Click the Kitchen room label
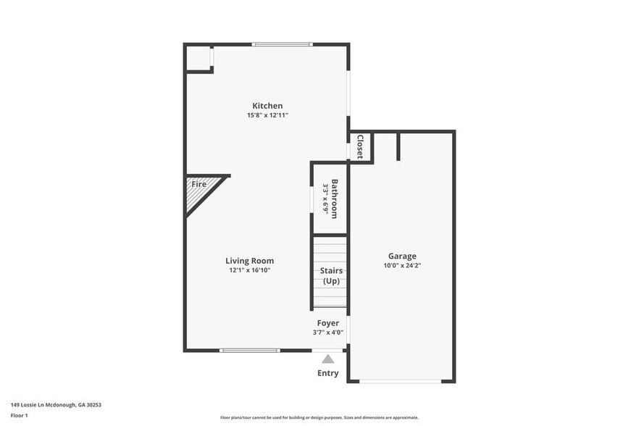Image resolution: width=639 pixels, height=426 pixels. (267, 106)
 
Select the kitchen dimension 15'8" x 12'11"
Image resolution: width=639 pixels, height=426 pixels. (267, 115)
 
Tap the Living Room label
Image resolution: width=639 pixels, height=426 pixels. (249, 261)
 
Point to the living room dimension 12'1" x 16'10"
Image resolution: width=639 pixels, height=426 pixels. (249, 270)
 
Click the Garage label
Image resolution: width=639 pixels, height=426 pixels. (402, 256)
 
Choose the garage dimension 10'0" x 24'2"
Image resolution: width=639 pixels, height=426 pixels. (402, 266)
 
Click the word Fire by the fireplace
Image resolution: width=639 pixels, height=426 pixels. (199, 184)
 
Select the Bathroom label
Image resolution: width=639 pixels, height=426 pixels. (335, 194)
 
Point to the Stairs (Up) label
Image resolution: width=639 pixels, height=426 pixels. (331, 276)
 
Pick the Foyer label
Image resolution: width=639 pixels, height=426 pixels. (327, 323)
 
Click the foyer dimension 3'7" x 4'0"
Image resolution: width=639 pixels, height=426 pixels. (327, 333)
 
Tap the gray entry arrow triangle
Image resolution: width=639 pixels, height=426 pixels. (328, 359)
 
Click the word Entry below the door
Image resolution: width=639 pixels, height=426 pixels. (327, 374)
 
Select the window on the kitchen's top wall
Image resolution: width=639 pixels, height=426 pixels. (282, 45)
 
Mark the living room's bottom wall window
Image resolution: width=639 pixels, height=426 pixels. (249, 351)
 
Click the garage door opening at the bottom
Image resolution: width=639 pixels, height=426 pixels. (401, 381)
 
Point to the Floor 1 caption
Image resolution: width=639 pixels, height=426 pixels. (19, 416)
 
